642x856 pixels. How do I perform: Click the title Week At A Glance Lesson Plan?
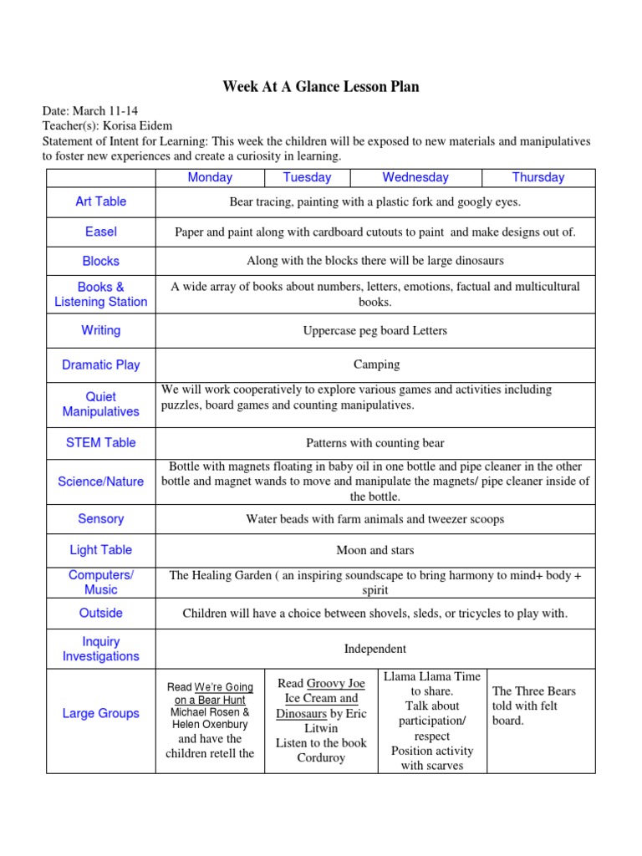(x=321, y=87)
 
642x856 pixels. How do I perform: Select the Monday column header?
(x=210, y=177)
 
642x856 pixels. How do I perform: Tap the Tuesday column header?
(x=307, y=177)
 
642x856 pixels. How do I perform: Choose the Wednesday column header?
(x=415, y=177)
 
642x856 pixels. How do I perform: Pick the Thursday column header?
(x=538, y=177)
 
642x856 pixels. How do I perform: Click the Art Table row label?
(x=100, y=201)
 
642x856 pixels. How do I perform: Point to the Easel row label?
(x=100, y=232)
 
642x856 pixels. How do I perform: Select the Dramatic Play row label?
(x=100, y=364)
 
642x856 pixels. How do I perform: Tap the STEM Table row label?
(x=100, y=442)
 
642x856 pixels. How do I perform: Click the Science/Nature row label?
(x=100, y=481)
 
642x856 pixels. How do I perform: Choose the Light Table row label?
(x=100, y=550)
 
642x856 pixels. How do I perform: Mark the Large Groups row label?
(x=100, y=713)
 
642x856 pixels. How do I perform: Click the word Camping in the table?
(x=376, y=364)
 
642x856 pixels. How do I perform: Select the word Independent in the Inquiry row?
(x=375, y=649)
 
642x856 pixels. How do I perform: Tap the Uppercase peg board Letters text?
(x=374, y=331)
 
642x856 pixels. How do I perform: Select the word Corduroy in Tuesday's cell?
(x=321, y=758)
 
